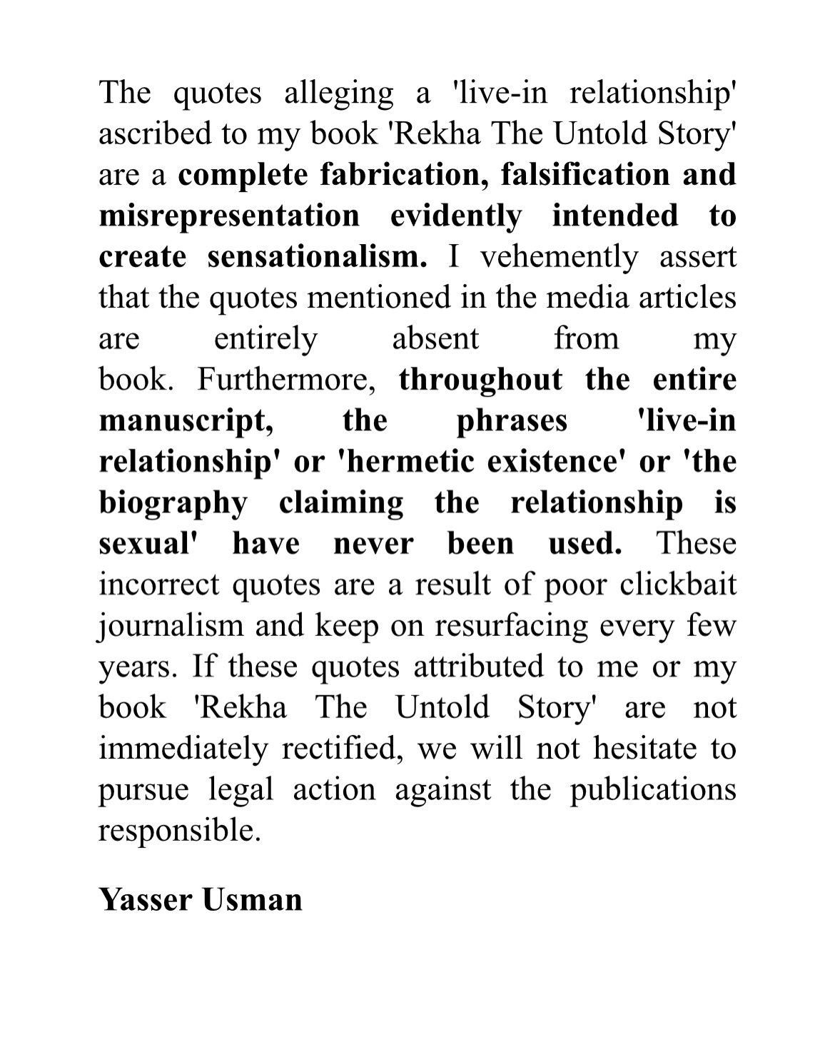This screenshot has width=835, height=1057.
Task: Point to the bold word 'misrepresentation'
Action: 229,216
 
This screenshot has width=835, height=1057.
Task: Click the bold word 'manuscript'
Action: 188,421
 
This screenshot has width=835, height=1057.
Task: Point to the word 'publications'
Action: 652,791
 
